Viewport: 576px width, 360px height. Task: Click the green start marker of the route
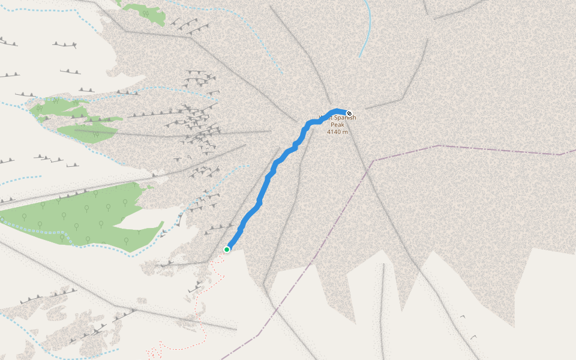227,249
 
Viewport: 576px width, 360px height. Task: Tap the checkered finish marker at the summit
349,113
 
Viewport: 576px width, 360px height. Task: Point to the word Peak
338,125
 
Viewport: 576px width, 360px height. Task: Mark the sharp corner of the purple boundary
373,160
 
